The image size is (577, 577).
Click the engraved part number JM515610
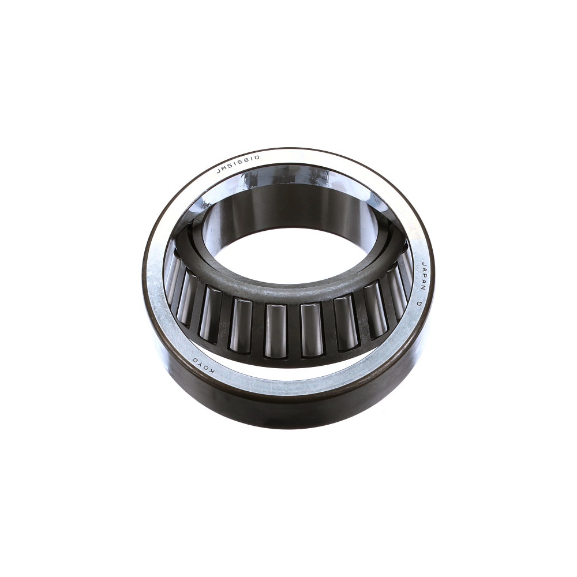point(238,164)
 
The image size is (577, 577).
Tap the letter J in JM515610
point(218,171)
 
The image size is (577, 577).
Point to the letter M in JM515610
point(224,168)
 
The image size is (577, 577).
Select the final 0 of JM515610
point(257,158)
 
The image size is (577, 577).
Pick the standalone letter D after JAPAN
point(419,304)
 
